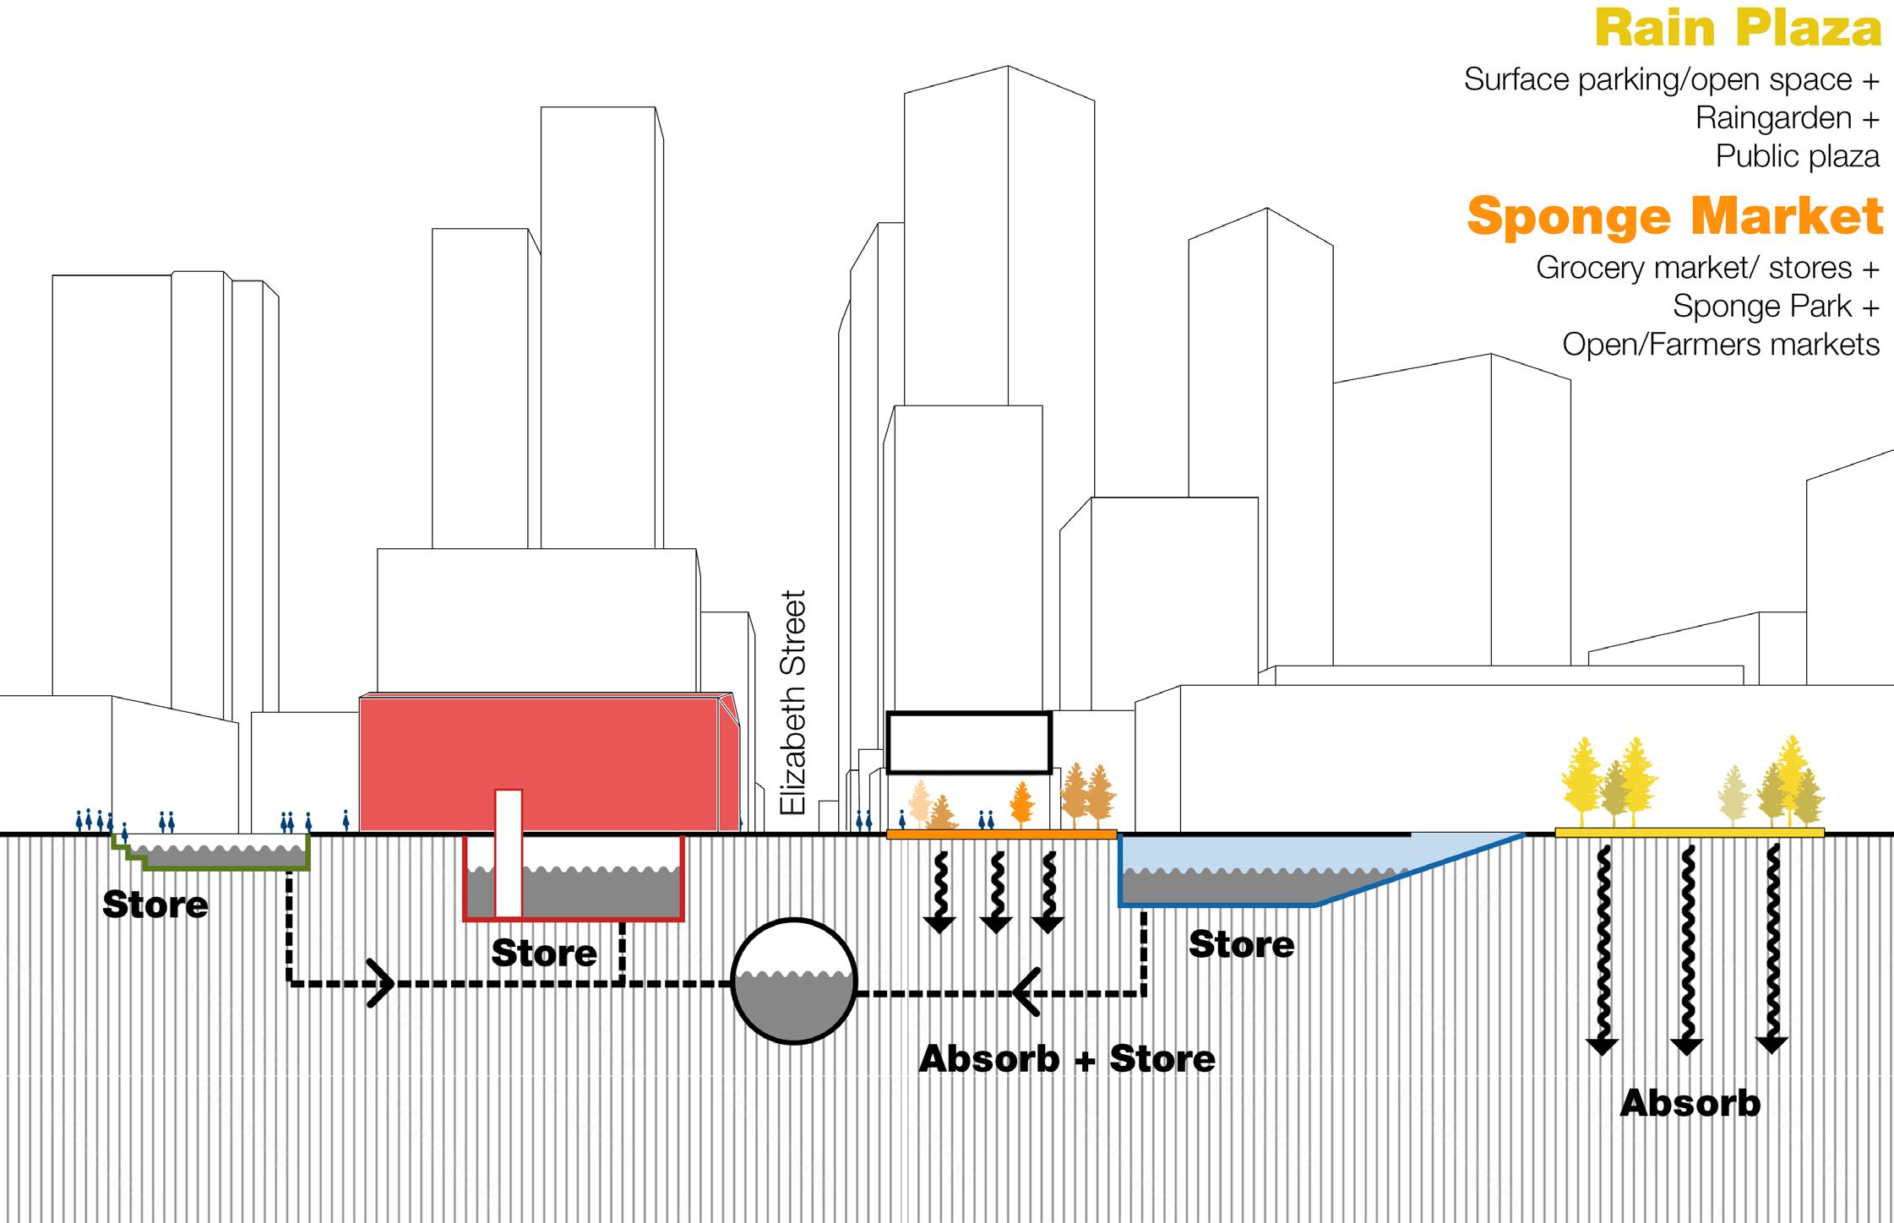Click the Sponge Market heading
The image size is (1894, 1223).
click(x=1674, y=216)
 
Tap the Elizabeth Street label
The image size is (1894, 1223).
click(x=792, y=703)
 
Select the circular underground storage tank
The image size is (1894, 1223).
click(x=793, y=981)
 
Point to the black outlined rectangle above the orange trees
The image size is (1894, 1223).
click(x=969, y=742)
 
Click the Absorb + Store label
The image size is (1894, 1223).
click(x=1066, y=1059)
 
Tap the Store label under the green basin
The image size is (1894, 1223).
click(x=155, y=905)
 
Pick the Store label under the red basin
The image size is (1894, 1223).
click(x=544, y=954)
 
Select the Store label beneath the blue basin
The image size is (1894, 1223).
click(x=1241, y=944)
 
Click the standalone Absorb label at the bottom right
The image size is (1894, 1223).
click(x=1690, y=1104)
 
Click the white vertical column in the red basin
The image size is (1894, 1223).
click(x=508, y=853)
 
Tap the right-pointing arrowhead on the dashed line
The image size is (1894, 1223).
click(x=382, y=983)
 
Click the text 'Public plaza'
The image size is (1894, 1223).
click(x=1797, y=156)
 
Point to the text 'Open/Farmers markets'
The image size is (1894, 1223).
click(x=1720, y=345)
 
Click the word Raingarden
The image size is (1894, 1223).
click(x=1773, y=118)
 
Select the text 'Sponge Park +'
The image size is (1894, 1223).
click(x=1776, y=306)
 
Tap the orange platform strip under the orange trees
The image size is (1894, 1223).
click(x=1001, y=834)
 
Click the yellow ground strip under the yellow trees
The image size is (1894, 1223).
click(x=1689, y=833)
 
